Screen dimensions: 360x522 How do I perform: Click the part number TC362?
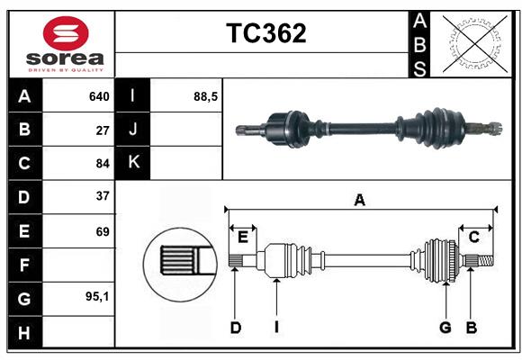click(265, 33)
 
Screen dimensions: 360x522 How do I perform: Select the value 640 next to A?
click(98, 96)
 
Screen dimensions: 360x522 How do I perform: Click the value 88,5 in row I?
click(206, 96)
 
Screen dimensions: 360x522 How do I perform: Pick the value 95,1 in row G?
click(96, 296)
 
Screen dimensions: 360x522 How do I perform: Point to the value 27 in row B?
click(102, 130)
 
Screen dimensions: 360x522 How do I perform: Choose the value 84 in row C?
click(102, 163)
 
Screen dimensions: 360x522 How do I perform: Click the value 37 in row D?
click(102, 196)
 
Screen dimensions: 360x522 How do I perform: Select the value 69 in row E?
click(102, 231)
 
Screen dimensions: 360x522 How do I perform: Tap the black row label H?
click(23, 332)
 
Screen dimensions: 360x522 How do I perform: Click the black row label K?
click(132, 163)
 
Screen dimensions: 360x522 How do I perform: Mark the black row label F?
click(23, 265)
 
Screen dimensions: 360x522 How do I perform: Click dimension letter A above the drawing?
click(359, 201)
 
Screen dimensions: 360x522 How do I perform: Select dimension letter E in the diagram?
click(242, 237)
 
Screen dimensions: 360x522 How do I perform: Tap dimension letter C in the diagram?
click(473, 237)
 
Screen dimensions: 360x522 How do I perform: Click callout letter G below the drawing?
click(445, 328)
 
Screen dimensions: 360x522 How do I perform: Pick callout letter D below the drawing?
click(235, 328)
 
